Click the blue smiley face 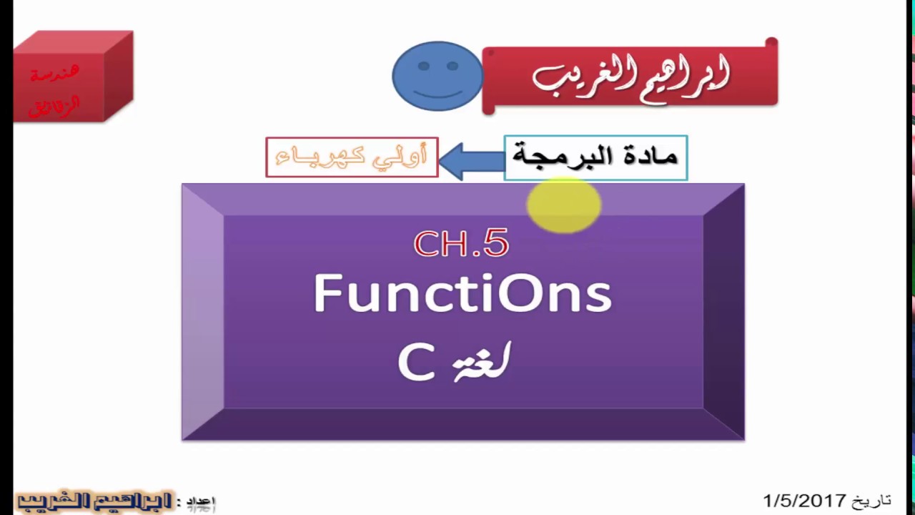[437, 77]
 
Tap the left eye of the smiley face [424, 67]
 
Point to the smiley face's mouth [437, 93]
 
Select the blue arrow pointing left [471, 159]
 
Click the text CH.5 [461, 244]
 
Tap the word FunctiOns [463, 293]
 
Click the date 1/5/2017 [804, 500]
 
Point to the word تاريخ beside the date [871, 499]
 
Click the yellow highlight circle [563, 205]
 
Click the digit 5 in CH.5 [495, 244]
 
